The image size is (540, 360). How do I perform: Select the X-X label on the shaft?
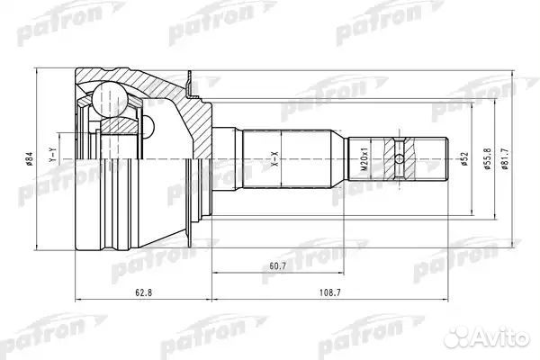pyautogui.click(x=275, y=162)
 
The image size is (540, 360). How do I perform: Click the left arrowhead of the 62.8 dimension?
pyautogui.click(x=77, y=299)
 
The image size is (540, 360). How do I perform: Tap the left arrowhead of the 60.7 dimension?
pyautogui.click(x=214, y=273)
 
